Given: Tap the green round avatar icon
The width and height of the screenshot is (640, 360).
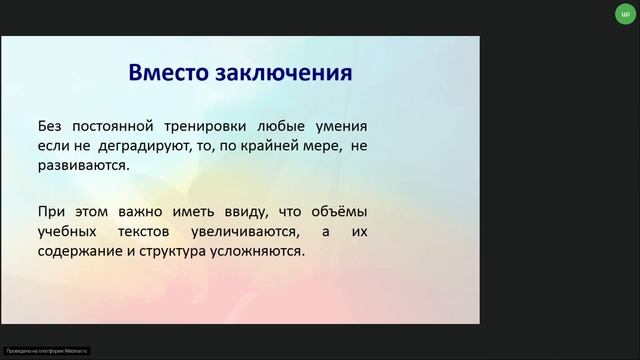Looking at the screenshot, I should (x=625, y=14).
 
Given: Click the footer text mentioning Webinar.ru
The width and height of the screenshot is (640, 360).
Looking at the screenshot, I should (x=47, y=350).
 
